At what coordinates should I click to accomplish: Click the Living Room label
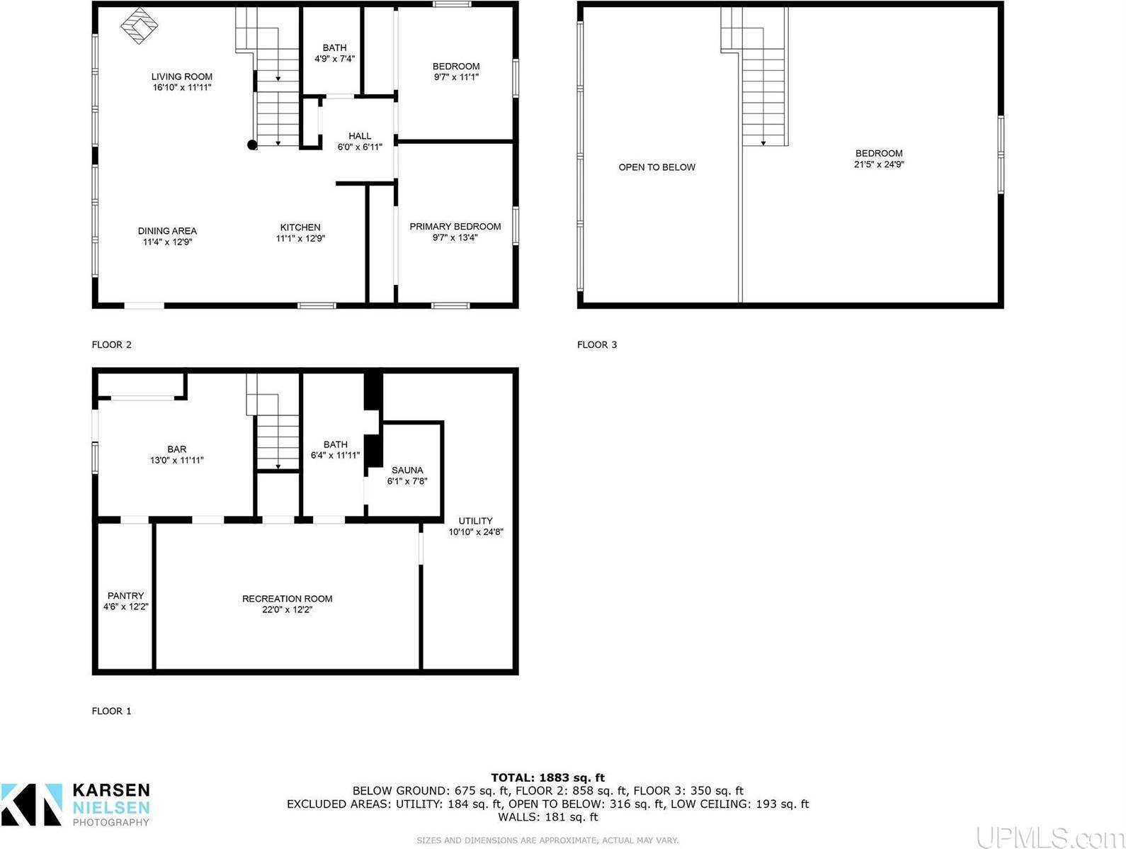(x=181, y=77)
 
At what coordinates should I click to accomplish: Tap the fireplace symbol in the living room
(x=140, y=26)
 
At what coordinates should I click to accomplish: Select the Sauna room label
(x=407, y=470)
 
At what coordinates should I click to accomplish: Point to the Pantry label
(x=125, y=596)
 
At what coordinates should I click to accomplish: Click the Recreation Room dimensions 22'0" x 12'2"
(x=287, y=609)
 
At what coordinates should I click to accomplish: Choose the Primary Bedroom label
(x=455, y=227)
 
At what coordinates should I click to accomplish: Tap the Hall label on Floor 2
(x=360, y=136)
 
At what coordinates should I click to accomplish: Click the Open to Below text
(x=656, y=167)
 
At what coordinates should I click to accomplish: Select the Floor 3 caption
(x=597, y=345)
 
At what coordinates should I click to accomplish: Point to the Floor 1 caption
(x=111, y=711)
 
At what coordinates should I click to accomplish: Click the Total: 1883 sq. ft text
(x=547, y=777)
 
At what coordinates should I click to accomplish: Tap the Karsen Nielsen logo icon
(x=32, y=804)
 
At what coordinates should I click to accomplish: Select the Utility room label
(x=475, y=521)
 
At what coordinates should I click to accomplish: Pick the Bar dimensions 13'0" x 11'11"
(x=176, y=460)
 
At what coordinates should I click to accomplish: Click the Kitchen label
(x=300, y=227)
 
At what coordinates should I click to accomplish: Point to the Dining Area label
(x=167, y=231)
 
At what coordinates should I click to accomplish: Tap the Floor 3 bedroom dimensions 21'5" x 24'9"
(x=879, y=164)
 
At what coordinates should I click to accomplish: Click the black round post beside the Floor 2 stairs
(x=252, y=145)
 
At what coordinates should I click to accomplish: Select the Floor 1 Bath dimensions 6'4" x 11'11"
(x=336, y=456)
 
